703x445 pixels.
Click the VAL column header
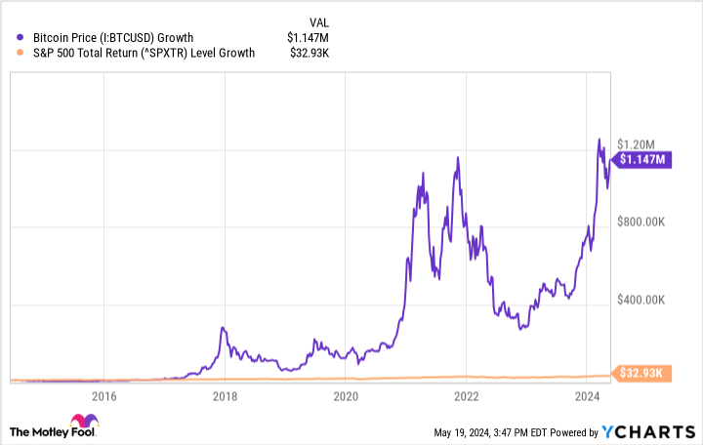(320, 20)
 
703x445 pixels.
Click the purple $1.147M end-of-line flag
(641, 159)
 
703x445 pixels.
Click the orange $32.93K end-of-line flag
(641, 373)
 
